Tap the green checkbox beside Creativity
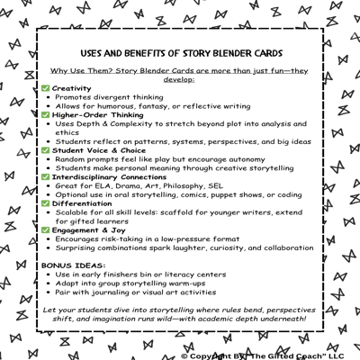[46, 88]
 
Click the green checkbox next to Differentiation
[46, 202]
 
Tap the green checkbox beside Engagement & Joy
[46, 229]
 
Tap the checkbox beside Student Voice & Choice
[46, 149]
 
